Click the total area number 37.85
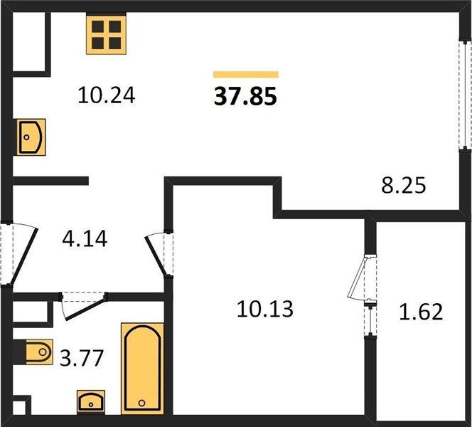tap(245, 97)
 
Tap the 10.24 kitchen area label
tap(106, 95)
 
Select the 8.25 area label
tap(404, 185)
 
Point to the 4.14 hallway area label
tap(85, 238)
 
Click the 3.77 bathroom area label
tap(82, 358)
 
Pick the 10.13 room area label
tap(265, 309)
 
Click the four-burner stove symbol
tap(106, 35)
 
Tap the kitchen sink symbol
tap(31, 137)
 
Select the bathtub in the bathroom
tap(143, 368)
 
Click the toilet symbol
tap(39, 352)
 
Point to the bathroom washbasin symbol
tap(91, 402)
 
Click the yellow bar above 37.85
tap(246, 75)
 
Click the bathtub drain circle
tap(141, 403)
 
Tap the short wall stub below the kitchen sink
tap(50, 181)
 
